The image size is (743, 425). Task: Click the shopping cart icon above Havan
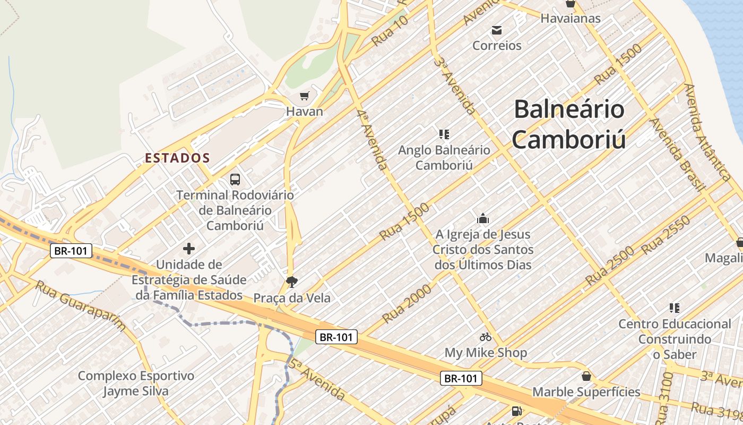tap(304, 96)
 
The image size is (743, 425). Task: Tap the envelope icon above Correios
tap(497, 30)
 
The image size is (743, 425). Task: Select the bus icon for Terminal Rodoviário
tap(235, 180)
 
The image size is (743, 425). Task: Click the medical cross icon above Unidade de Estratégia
tap(189, 248)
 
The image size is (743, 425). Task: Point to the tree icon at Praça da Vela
tap(291, 282)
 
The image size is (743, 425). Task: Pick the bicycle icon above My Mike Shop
tap(485, 337)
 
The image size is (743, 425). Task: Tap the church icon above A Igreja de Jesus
tap(483, 218)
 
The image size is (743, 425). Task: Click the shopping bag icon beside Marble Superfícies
tap(586, 376)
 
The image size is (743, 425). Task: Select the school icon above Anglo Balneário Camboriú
tap(444, 134)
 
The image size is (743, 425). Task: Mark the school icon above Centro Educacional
tap(675, 308)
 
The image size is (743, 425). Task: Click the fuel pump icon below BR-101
tap(516, 411)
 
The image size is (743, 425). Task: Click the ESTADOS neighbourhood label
tap(178, 158)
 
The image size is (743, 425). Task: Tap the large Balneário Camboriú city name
tap(569, 124)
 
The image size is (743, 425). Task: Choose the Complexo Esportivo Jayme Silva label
tap(136, 384)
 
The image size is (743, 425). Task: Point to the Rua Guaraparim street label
tap(81, 306)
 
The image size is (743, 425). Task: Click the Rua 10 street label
tap(390, 31)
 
